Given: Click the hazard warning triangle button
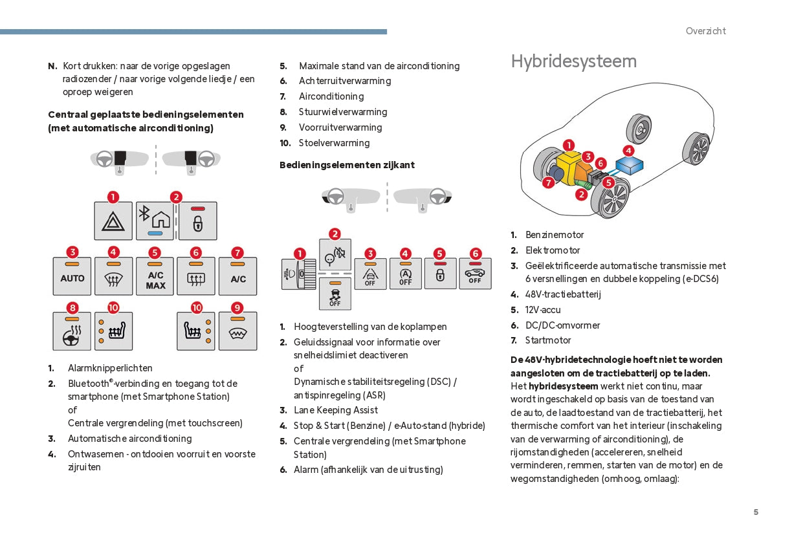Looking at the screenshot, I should (113, 221).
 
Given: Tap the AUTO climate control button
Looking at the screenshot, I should (72, 277).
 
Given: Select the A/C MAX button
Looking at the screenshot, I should (155, 277).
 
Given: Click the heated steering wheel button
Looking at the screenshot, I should (72, 331).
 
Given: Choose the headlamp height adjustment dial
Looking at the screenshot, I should (299, 274).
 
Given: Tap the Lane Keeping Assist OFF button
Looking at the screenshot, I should (370, 274).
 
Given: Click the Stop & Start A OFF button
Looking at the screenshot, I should (406, 274).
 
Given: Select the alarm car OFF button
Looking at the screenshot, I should (475, 274).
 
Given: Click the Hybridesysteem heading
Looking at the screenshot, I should (573, 61).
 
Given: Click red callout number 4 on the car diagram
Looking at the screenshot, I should (628, 150).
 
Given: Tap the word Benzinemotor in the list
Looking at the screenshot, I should (555, 235).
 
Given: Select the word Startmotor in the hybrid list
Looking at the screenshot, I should (548, 340).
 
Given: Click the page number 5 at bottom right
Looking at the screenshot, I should (756, 512).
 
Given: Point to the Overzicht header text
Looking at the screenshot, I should (705, 31).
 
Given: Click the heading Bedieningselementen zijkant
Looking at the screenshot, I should (347, 165).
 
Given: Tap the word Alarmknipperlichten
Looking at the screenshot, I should (110, 368).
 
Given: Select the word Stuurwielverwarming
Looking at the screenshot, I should (343, 112).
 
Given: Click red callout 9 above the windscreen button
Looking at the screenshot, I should (237, 308).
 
